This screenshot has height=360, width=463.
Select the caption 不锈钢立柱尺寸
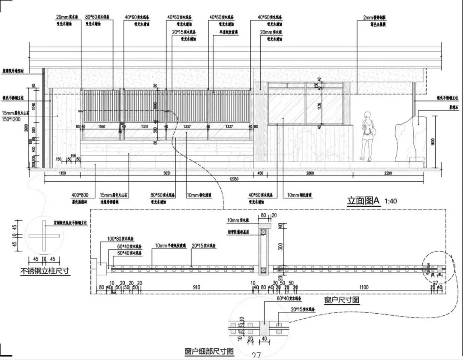point(45,271)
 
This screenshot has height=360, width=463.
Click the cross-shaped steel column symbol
point(44,236)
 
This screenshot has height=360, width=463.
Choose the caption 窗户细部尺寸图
point(209,351)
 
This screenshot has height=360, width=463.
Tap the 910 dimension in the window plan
point(196,287)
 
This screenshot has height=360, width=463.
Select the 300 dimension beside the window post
point(280,247)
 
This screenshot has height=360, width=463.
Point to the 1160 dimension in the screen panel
point(101,127)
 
